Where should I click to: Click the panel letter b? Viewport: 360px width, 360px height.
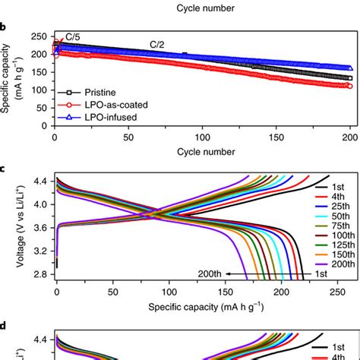click(x=4, y=27)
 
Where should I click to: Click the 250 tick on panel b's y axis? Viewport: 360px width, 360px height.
click(x=39, y=35)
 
